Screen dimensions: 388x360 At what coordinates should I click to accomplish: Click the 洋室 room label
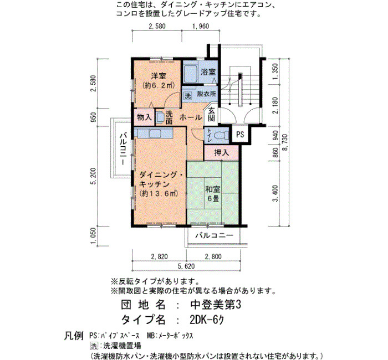pos(159,76)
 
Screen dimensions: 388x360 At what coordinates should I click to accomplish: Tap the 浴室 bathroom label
pos(208,72)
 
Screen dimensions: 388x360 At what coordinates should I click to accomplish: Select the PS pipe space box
pos(240,134)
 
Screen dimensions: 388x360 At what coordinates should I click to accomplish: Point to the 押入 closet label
pos(222,153)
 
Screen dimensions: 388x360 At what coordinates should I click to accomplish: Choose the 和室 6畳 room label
pos(212,194)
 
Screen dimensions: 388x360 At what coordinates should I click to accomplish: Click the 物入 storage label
pos(144,117)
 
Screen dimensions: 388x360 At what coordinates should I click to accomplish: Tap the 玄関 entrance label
pos(211,115)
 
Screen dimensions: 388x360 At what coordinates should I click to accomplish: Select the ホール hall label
pos(191,117)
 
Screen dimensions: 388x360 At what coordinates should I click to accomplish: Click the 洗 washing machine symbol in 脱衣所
pos(188,96)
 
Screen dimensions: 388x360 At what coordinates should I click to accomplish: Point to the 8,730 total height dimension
pos(285,142)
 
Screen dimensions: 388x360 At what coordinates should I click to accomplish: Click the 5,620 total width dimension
pos(186,266)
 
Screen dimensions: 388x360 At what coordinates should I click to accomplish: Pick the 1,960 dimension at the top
pos(201,26)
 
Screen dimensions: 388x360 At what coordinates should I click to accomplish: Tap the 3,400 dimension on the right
pos(275,193)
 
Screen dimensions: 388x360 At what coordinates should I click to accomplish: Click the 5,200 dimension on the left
pos(93,176)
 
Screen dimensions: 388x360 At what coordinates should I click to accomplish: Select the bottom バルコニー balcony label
pos(215,235)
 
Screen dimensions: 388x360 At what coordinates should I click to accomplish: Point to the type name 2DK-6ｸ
pos(207,320)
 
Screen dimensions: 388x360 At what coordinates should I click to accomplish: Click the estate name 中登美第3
pos(216,305)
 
